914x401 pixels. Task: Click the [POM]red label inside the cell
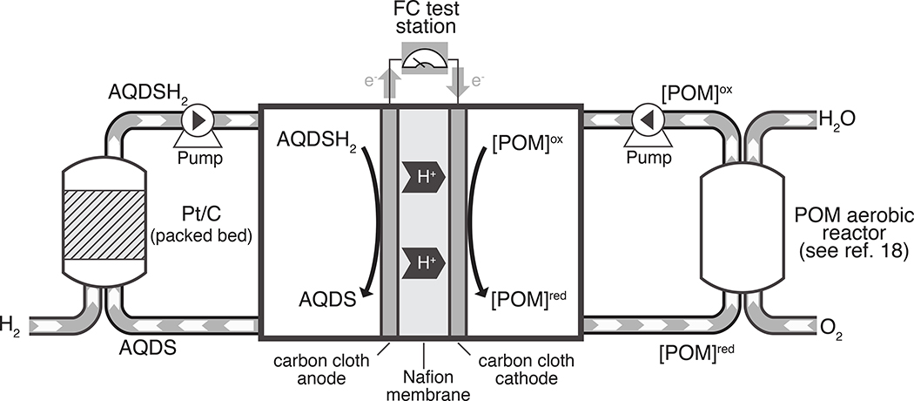click(x=529, y=300)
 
